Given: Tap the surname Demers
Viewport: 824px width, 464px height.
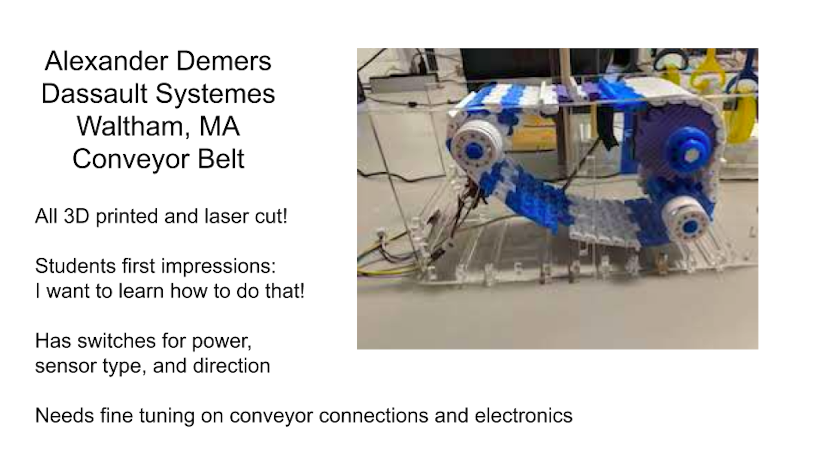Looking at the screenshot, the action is (x=224, y=61).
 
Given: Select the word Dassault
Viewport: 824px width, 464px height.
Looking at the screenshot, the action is (x=94, y=94).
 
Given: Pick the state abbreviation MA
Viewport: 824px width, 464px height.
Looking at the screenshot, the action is (x=219, y=126).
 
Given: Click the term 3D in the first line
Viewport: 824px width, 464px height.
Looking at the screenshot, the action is (x=76, y=216).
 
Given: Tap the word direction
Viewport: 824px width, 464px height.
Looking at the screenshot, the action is (x=232, y=366).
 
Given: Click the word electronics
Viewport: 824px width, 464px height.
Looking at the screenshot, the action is (x=524, y=416).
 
